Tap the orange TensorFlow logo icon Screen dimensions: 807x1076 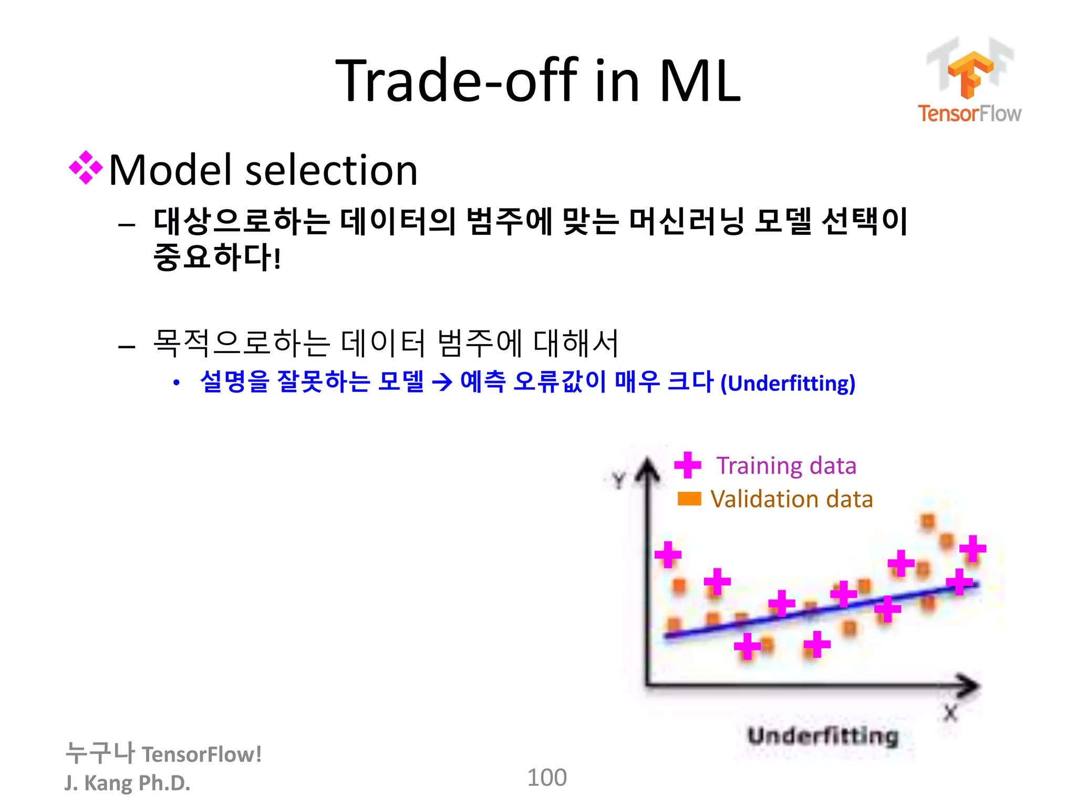tap(970, 74)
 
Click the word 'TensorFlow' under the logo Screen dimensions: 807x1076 tap(969, 113)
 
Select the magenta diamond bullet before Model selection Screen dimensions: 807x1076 tap(86, 168)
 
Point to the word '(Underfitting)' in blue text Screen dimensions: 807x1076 tap(788, 383)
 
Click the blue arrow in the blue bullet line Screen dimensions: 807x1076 tap(442, 382)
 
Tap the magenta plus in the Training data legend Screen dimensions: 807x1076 tap(687, 465)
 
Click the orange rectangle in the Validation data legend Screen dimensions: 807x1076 tap(689, 499)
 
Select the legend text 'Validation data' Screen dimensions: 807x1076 tap(791, 499)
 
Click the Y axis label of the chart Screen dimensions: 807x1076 tap(619, 480)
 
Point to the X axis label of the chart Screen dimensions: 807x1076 tap(950, 713)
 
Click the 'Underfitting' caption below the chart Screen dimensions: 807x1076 tap(823, 736)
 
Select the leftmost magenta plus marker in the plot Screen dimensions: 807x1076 tap(668, 554)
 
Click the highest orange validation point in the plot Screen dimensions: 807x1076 tap(928, 522)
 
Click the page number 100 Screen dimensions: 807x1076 tap(546, 777)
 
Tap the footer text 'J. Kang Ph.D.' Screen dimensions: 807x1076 tap(127, 782)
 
